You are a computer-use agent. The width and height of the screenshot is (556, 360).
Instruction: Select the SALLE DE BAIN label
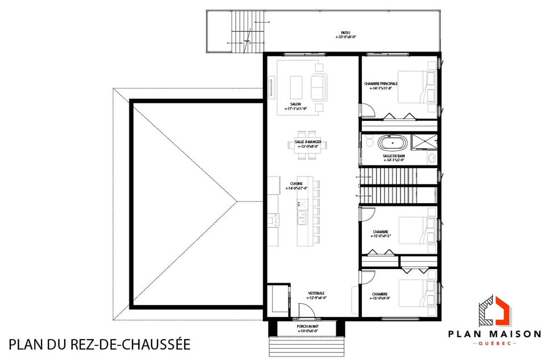393,157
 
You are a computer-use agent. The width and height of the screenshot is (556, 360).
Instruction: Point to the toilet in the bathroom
369,141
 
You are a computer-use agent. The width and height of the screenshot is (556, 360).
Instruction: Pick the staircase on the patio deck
245,31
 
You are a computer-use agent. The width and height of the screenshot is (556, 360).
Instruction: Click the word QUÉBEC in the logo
495,344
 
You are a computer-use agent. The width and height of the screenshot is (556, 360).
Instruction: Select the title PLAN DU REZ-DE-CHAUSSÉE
99,345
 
